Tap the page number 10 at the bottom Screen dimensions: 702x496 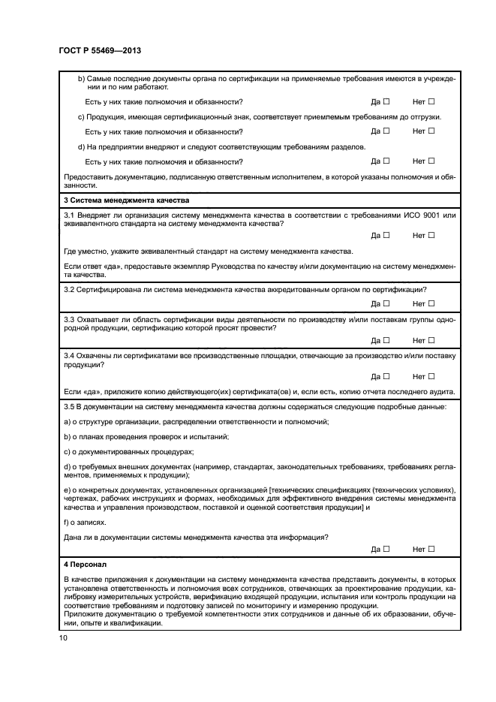click(x=64, y=638)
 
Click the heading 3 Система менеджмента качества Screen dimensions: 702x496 click(x=127, y=201)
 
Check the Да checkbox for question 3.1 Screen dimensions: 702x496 click(x=387, y=235)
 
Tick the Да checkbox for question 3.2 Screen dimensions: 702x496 click(x=387, y=303)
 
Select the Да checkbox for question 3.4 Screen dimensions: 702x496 click(x=387, y=377)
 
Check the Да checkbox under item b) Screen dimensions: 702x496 click(x=387, y=101)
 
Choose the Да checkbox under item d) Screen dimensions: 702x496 click(x=387, y=161)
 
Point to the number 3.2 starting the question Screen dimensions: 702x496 click(x=71, y=289)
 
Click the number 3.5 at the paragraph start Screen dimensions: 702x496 click(x=71, y=406)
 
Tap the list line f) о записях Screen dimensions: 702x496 click(x=85, y=522)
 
